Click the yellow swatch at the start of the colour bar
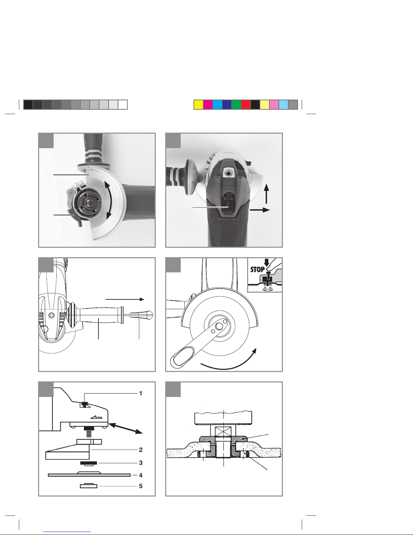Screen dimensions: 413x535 pyautogui.click(x=198, y=105)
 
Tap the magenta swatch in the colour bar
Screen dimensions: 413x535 pyautogui.click(x=208, y=105)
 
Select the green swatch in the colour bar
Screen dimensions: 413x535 pyautogui.click(x=236, y=105)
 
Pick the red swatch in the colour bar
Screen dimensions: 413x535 pyautogui.click(x=245, y=105)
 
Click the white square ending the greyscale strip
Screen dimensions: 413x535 pyautogui.click(x=123, y=105)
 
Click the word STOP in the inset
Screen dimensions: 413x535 pyautogui.click(x=257, y=270)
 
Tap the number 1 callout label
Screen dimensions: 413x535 pyautogui.click(x=141, y=394)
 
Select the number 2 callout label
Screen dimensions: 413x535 pyautogui.click(x=141, y=450)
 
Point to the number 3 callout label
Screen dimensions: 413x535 pyautogui.click(x=141, y=463)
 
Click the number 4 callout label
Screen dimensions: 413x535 pyautogui.click(x=141, y=475)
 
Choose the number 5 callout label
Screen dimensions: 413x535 pyautogui.click(x=141, y=486)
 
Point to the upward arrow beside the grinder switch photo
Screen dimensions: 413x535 pyautogui.click(x=266, y=194)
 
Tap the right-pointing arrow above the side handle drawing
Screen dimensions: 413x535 pyautogui.click(x=125, y=299)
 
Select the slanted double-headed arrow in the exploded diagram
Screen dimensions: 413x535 pyautogui.click(x=125, y=428)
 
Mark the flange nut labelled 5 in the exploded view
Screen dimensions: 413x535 pyautogui.click(x=88, y=486)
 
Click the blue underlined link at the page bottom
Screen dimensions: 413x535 pyautogui.click(x=67, y=532)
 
